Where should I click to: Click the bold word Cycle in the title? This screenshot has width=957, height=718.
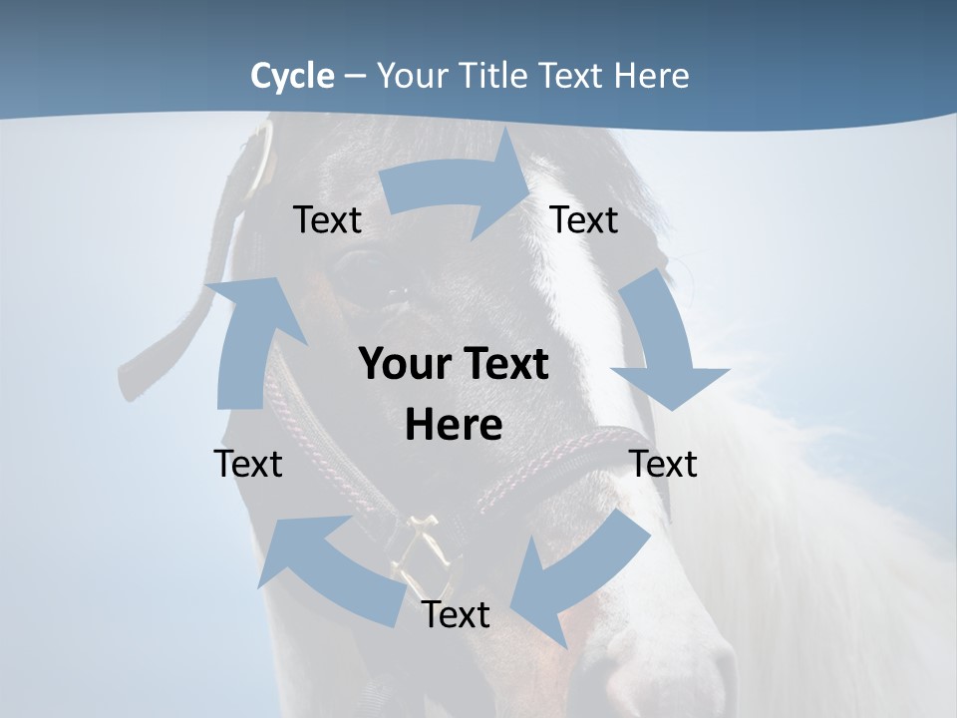click(292, 76)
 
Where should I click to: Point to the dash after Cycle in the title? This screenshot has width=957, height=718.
click(355, 77)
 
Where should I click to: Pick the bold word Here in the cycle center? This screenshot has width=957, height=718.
click(454, 426)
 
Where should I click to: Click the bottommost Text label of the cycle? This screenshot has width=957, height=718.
click(456, 614)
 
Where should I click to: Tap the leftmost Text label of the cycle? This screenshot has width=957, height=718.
click(248, 464)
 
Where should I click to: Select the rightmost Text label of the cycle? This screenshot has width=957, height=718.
click(663, 464)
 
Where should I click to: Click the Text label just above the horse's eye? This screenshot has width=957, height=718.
click(327, 219)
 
